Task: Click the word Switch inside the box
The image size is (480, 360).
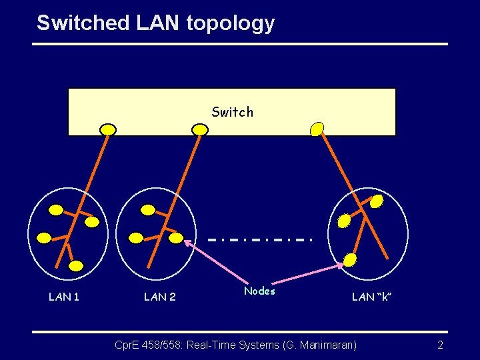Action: [x=232, y=112]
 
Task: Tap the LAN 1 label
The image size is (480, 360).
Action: [x=64, y=297]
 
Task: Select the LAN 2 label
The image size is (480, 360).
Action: [x=160, y=297]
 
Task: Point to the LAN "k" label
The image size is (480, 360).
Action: [x=371, y=297]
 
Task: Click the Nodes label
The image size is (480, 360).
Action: [x=259, y=291]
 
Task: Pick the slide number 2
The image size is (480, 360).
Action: [x=440, y=345]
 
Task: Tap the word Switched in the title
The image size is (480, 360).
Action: [x=83, y=23]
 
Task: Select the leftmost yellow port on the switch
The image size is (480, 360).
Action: [x=107, y=129]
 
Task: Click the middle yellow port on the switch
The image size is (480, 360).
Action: [x=199, y=129]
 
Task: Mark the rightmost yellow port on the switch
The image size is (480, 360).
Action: [x=317, y=129]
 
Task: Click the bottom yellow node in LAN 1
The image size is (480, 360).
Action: [x=76, y=266]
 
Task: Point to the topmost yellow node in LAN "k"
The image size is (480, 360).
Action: [x=377, y=201]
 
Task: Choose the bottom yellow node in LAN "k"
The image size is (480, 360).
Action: [x=350, y=261]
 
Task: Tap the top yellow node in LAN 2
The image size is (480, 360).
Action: [x=149, y=210]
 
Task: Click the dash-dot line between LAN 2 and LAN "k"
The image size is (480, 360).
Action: [x=259, y=239]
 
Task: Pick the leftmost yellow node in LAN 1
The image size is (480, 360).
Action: [x=44, y=237]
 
